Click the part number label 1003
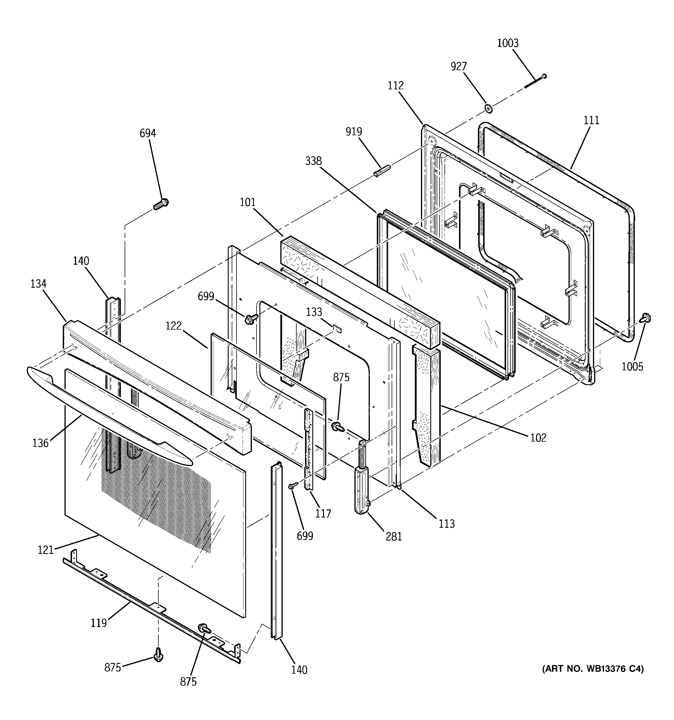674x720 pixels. click(508, 43)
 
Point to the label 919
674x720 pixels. click(354, 131)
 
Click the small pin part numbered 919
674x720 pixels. click(382, 170)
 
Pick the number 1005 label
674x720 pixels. click(632, 367)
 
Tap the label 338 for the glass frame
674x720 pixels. click(313, 161)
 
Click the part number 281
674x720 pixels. click(394, 536)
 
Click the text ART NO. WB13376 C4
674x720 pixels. click(593, 669)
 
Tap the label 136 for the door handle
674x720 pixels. click(40, 443)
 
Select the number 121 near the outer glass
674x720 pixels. click(46, 550)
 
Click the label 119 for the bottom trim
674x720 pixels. click(98, 623)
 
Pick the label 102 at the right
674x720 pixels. click(538, 438)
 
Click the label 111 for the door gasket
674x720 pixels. click(591, 120)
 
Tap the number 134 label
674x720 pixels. click(39, 284)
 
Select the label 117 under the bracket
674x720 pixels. click(323, 513)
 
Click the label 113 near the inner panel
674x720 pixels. click(447, 524)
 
